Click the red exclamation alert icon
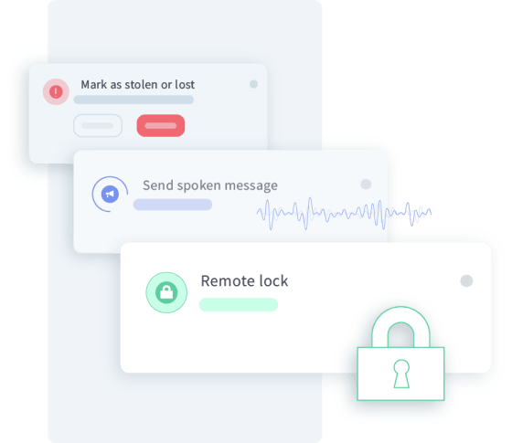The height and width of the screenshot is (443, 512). (x=56, y=91)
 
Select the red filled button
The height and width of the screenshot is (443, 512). (x=161, y=126)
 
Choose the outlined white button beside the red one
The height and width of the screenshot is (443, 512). (x=98, y=126)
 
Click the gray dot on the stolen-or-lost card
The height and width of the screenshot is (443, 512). (x=254, y=84)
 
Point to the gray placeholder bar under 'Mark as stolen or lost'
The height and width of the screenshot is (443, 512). (x=133, y=100)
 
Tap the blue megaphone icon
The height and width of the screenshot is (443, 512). (x=110, y=194)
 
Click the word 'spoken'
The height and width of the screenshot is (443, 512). (x=199, y=186)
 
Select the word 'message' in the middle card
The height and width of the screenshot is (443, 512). (x=251, y=186)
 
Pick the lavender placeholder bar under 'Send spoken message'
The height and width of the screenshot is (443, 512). (x=173, y=205)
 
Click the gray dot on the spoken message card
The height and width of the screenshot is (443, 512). (x=366, y=184)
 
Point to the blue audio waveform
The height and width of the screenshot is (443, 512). (x=344, y=214)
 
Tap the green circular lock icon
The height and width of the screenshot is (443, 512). (x=166, y=292)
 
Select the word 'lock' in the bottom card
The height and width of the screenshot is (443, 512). (x=273, y=281)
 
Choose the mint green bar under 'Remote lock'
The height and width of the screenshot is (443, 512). (x=239, y=305)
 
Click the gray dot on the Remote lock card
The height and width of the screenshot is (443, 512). (x=466, y=280)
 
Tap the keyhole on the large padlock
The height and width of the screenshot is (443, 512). (x=401, y=374)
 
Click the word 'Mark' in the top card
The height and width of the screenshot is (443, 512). (x=94, y=84)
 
